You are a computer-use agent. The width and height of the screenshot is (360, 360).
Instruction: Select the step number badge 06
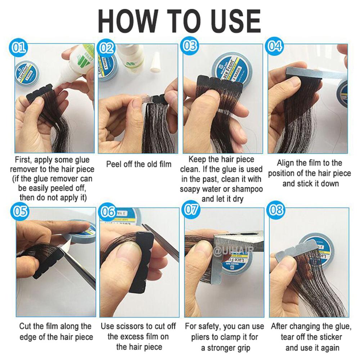point(108,212)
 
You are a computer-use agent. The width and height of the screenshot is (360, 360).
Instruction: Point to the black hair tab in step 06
point(138,266)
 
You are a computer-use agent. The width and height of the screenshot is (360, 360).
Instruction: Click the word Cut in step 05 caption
point(25,327)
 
